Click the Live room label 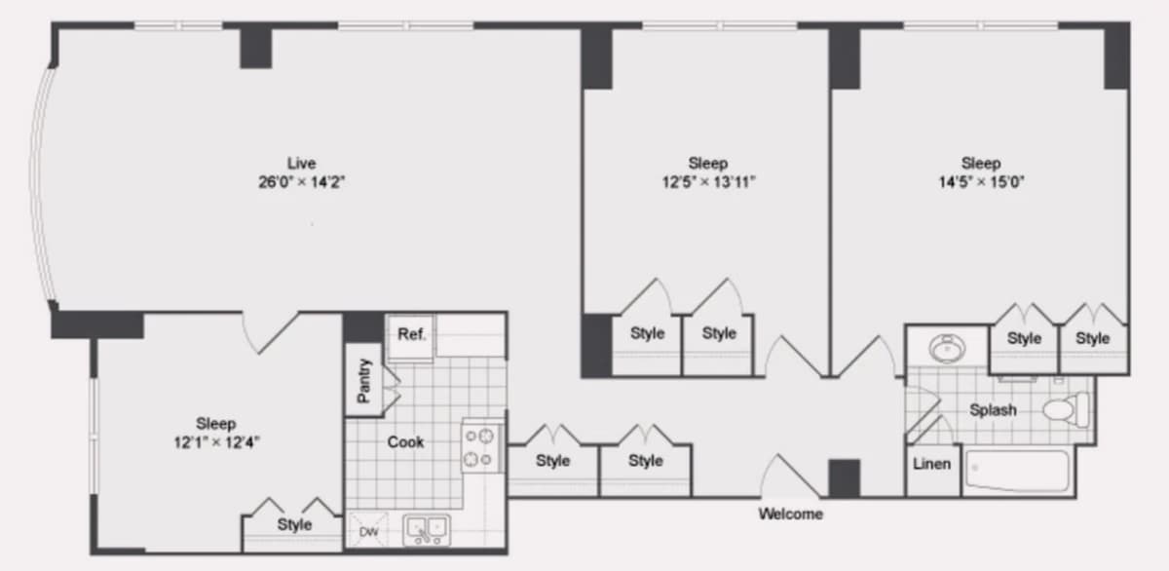[302, 164]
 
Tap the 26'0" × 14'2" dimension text [302, 182]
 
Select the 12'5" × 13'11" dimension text [709, 182]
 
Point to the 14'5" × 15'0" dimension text [981, 182]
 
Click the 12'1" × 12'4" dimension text [216, 442]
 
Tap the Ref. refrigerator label [412, 334]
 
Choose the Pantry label [363, 381]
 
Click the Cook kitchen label [405, 442]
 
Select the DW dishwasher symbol [368, 531]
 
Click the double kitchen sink [427, 530]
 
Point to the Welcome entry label [791, 514]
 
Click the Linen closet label [931, 464]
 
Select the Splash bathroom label [993, 410]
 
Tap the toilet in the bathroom [1066, 408]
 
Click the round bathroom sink [947, 348]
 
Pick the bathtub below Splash [1017, 471]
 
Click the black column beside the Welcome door [844, 478]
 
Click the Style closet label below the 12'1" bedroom [294, 524]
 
